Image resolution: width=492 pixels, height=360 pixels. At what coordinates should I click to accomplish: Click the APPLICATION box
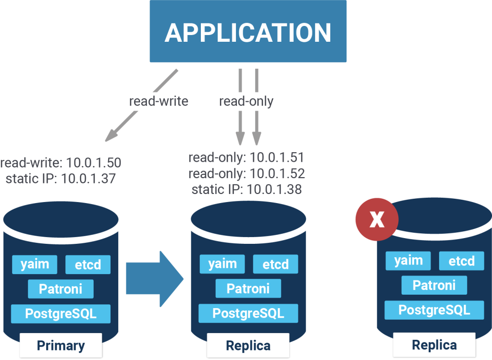[x=248, y=31]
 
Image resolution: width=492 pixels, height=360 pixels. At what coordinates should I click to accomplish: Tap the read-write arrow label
[x=159, y=101]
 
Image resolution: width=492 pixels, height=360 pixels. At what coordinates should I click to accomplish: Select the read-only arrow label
[x=246, y=101]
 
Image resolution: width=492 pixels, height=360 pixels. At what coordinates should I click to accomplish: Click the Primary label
[x=61, y=345]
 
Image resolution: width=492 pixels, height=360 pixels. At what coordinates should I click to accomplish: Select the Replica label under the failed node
[x=434, y=344]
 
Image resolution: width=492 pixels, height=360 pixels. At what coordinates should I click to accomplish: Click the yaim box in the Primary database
[x=34, y=264]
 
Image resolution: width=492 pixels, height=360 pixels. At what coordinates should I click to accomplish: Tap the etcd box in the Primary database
[x=87, y=264]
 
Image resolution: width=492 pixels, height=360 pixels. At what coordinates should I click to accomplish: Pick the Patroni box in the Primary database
[x=61, y=289]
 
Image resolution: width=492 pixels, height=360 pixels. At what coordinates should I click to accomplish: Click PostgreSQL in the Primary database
[x=61, y=314]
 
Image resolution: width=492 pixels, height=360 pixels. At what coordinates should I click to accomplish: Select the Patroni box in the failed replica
[x=434, y=285]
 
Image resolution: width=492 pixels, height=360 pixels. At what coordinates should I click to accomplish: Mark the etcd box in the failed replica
[x=461, y=261]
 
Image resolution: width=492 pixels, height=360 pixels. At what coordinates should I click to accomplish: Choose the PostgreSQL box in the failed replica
[x=434, y=310]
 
